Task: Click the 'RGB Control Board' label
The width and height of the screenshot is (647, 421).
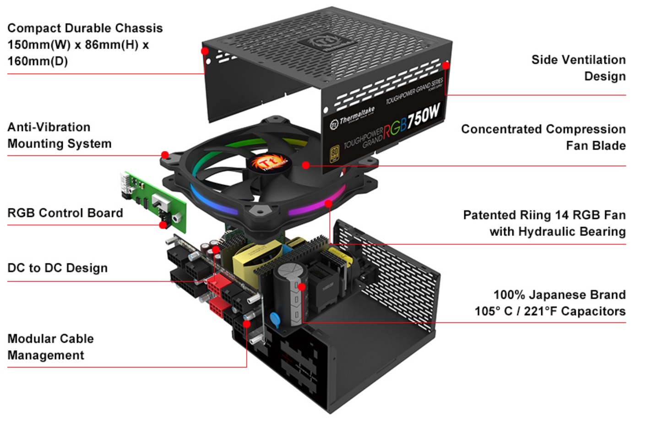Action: (x=65, y=213)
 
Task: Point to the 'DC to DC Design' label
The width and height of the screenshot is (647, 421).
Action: (x=57, y=268)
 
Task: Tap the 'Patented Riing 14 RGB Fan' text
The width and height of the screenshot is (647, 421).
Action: (x=544, y=215)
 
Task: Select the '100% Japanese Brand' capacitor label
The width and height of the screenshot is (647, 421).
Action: (x=559, y=295)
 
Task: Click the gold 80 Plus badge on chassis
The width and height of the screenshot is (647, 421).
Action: (x=335, y=153)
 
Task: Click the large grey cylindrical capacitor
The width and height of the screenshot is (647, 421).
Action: (x=288, y=293)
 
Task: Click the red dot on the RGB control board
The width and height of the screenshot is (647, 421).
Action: (x=163, y=225)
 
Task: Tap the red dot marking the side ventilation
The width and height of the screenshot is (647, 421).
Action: (x=446, y=65)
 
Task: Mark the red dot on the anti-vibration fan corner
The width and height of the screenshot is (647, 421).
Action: (x=165, y=155)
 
